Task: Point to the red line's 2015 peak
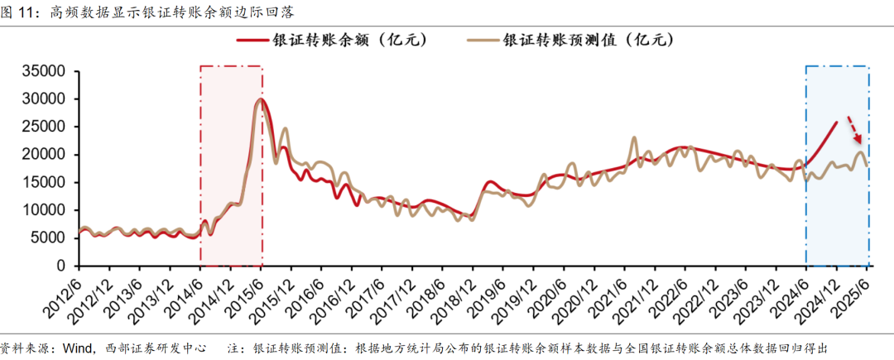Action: click(x=261, y=99)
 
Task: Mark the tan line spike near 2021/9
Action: click(x=635, y=138)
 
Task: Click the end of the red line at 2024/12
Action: click(x=837, y=122)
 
